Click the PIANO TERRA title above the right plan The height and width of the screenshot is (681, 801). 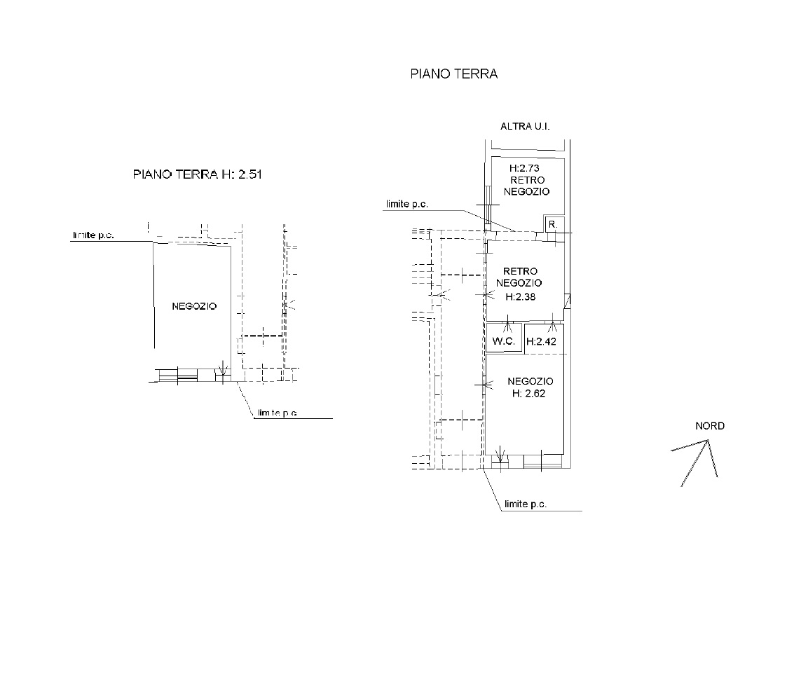click(453, 74)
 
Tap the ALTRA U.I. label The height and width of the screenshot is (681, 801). click(525, 126)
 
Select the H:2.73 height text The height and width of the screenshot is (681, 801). click(524, 168)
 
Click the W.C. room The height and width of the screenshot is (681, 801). click(504, 338)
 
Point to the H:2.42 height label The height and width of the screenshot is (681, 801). click(541, 341)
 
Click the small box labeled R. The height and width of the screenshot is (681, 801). click(552, 223)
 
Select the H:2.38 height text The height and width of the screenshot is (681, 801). click(520, 297)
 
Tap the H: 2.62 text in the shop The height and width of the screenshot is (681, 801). click(528, 393)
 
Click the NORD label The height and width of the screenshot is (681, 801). click(710, 426)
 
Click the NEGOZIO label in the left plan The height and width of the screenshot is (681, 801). click(194, 307)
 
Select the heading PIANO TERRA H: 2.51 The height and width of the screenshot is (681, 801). click(197, 174)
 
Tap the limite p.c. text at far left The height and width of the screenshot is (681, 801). click(93, 235)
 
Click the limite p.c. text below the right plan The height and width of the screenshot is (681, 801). click(525, 504)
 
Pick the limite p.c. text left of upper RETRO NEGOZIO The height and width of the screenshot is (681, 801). click(406, 205)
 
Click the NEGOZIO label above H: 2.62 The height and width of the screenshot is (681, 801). click(530, 381)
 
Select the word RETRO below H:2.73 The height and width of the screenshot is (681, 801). click(528, 180)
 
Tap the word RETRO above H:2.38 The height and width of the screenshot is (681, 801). click(520, 271)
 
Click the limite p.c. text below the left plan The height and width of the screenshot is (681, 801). click(278, 413)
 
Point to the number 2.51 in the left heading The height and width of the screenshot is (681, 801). click(249, 174)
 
